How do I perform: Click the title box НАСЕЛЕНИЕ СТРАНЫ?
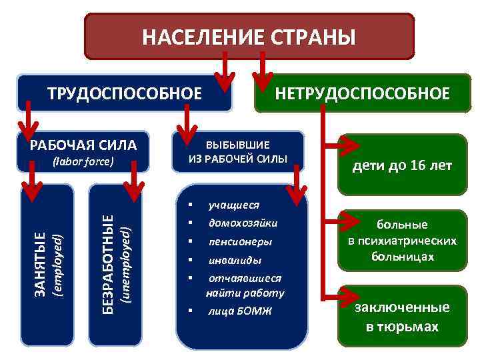click(249, 37)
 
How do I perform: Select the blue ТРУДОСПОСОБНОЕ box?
click(124, 93)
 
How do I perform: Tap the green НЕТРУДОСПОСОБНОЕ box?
click(363, 93)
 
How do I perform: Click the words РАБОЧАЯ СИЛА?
click(83, 145)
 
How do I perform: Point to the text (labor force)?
click(83, 161)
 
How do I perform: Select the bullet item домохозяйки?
click(243, 223)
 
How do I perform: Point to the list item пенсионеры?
click(240, 241)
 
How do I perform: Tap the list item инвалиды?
click(235, 260)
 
